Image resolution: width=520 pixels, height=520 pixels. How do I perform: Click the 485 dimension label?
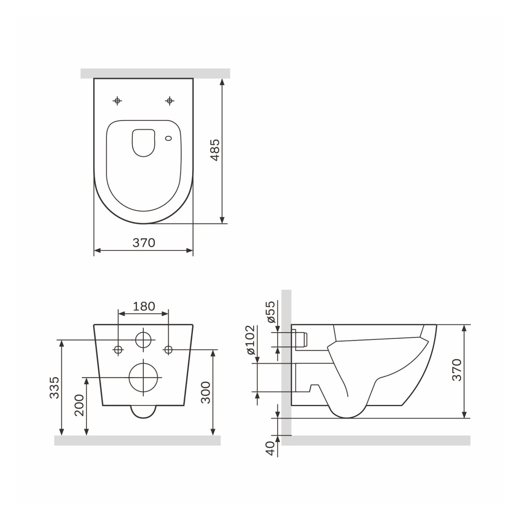point(215,150)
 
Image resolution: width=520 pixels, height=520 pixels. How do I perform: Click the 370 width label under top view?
point(144,243)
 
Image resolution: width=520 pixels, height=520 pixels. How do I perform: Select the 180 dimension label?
point(144,306)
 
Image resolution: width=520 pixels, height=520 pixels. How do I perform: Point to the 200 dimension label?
point(79,405)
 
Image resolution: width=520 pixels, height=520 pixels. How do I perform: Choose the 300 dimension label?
point(206,392)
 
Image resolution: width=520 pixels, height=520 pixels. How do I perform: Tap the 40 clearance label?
point(271,448)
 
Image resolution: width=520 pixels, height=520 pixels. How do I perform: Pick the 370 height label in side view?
point(457,370)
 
